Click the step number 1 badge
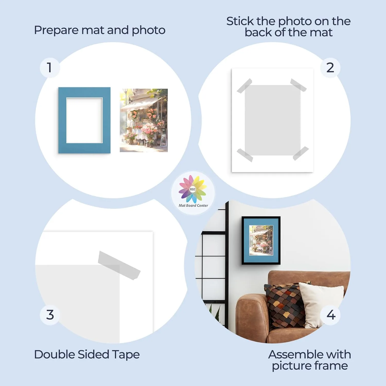[50, 68]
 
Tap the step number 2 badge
[330, 68]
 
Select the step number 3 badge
[50, 315]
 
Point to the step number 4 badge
[331, 315]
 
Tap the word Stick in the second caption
[240, 21]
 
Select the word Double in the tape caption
[55, 354]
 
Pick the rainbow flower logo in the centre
[193, 189]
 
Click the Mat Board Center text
[193, 206]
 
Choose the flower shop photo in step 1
[144, 120]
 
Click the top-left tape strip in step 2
[244, 86]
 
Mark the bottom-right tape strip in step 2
[301, 153]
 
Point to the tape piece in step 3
[119, 265]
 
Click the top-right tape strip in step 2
[299, 85]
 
